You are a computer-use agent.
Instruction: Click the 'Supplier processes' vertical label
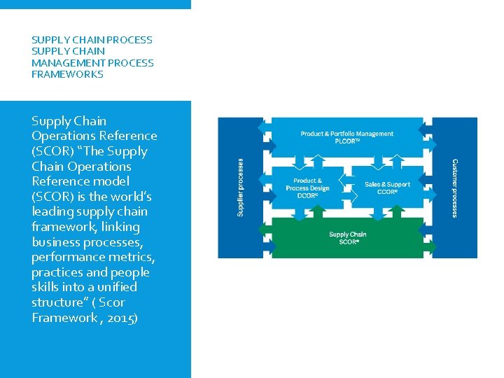click(x=241, y=186)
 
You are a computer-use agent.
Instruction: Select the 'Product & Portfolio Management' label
click(x=346, y=134)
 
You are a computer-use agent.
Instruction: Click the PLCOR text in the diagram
click(x=347, y=141)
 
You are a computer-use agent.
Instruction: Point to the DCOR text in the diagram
click(x=307, y=195)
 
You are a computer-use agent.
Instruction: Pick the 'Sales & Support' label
click(x=387, y=185)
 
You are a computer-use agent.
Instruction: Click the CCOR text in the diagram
click(x=387, y=192)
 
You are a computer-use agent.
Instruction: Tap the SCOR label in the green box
click(x=348, y=241)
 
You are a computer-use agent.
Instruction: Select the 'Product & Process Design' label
click(x=308, y=185)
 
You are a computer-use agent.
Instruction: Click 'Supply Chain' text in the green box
click(x=348, y=234)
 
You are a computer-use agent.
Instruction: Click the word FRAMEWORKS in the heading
click(x=67, y=74)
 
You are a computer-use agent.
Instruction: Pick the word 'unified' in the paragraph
click(x=113, y=287)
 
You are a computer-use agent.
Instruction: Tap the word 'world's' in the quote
click(x=131, y=196)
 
